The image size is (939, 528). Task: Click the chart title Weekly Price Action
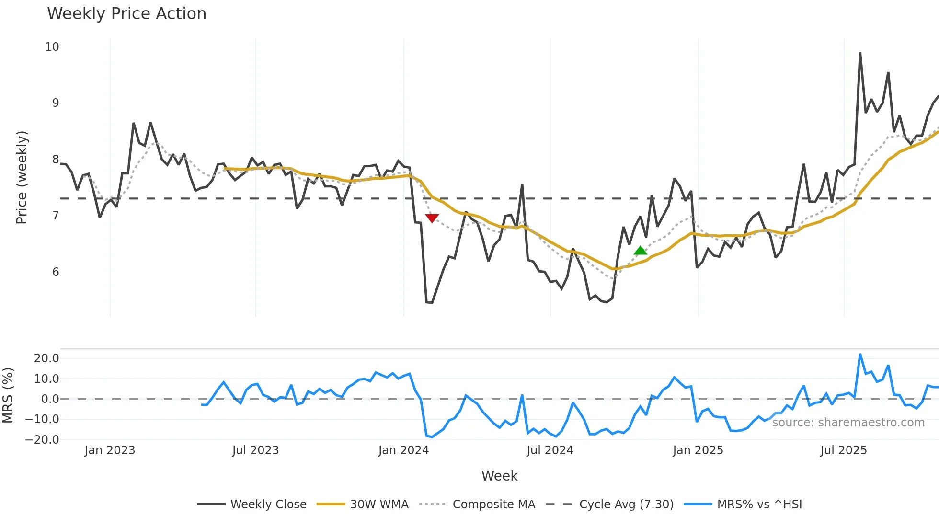[126, 14]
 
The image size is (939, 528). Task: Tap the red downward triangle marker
[432, 218]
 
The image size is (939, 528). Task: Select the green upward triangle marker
[640, 251]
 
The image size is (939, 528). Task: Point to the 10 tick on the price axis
[52, 47]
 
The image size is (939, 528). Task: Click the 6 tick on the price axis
[56, 272]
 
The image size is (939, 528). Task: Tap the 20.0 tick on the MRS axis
[46, 358]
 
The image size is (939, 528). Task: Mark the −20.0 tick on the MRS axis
[43, 439]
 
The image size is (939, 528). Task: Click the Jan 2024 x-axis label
[403, 450]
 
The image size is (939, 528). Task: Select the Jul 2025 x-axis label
[843, 450]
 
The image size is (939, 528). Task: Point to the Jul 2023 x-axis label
[255, 450]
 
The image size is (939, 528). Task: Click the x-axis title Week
[499, 476]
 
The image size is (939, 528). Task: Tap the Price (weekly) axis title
[22, 177]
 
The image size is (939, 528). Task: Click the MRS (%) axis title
[8, 395]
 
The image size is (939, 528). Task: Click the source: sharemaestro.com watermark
[848, 423]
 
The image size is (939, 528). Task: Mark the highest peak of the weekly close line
[860, 53]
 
